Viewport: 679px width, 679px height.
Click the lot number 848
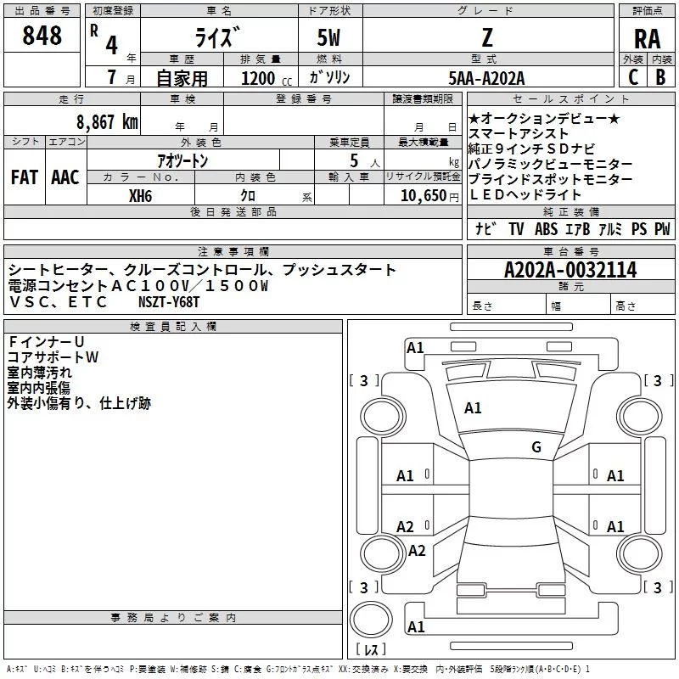click(x=42, y=35)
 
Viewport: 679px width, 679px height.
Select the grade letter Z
click(x=487, y=37)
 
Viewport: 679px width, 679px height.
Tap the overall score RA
click(x=648, y=39)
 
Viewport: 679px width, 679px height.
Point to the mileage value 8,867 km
click(x=107, y=122)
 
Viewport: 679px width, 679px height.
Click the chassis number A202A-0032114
click(x=570, y=270)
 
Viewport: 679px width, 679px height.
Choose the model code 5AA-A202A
click(x=486, y=78)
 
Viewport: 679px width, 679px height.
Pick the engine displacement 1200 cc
click(x=267, y=78)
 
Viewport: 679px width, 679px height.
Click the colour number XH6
click(x=140, y=196)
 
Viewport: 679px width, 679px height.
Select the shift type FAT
click(x=25, y=177)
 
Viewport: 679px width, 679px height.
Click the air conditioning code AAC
click(x=65, y=177)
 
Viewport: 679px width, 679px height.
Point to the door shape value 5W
click(x=328, y=37)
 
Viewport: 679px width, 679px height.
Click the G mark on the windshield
click(x=536, y=447)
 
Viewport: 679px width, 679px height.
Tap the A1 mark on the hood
click(x=473, y=408)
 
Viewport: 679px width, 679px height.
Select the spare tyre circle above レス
click(x=371, y=619)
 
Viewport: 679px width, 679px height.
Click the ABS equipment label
click(x=546, y=229)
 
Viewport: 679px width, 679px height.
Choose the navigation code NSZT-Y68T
click(x=169, y=302)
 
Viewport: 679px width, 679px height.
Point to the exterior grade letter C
click(x=633, y=77)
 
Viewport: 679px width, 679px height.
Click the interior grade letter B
click(x=661, y=77)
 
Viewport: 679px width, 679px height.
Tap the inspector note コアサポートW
click(x=53, y=357)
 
